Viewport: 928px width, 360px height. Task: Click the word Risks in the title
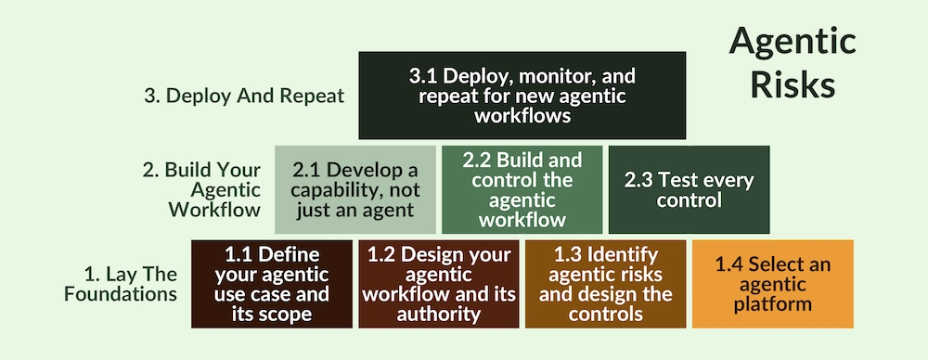(x=792, y=84)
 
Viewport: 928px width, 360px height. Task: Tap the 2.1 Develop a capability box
(x=355, y=189)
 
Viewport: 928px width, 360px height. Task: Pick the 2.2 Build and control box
(x=522, y=189)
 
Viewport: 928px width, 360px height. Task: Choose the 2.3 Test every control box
(x=689, y=189)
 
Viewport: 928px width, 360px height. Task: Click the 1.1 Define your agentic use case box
(x=272, y=284)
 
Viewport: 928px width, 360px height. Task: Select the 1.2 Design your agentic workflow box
(x=439, y=284)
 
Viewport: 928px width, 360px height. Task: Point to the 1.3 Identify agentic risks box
(x=606, y=284)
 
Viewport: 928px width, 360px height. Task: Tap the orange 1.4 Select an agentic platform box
(x=772, y=284)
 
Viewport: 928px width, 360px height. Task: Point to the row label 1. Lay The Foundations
(x=130, y=284)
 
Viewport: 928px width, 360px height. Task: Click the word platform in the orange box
(x=772, y=303)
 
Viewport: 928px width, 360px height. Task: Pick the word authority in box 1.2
(x=439, y=314)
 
